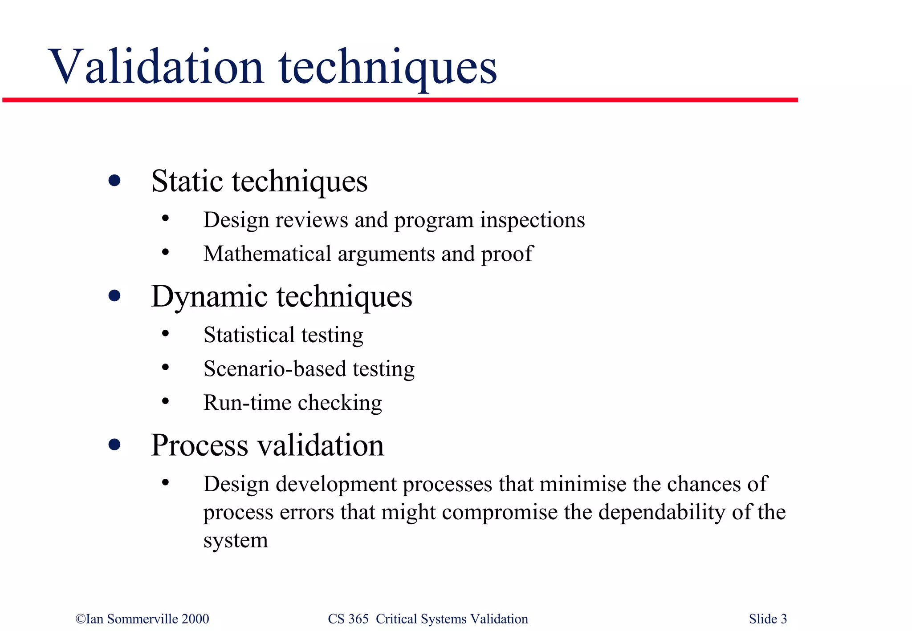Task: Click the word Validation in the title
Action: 157,67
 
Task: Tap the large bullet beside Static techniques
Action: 114,181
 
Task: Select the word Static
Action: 187,181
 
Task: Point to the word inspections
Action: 532,220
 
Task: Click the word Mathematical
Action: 267,254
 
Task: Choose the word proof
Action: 506,255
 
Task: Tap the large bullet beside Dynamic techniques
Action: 114,296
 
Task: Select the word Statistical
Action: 249,335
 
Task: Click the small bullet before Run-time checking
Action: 166,401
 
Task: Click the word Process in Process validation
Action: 199,445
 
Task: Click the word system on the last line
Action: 236,541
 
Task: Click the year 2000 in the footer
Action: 195,619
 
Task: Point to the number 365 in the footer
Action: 358,619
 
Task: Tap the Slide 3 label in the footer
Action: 768,619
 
